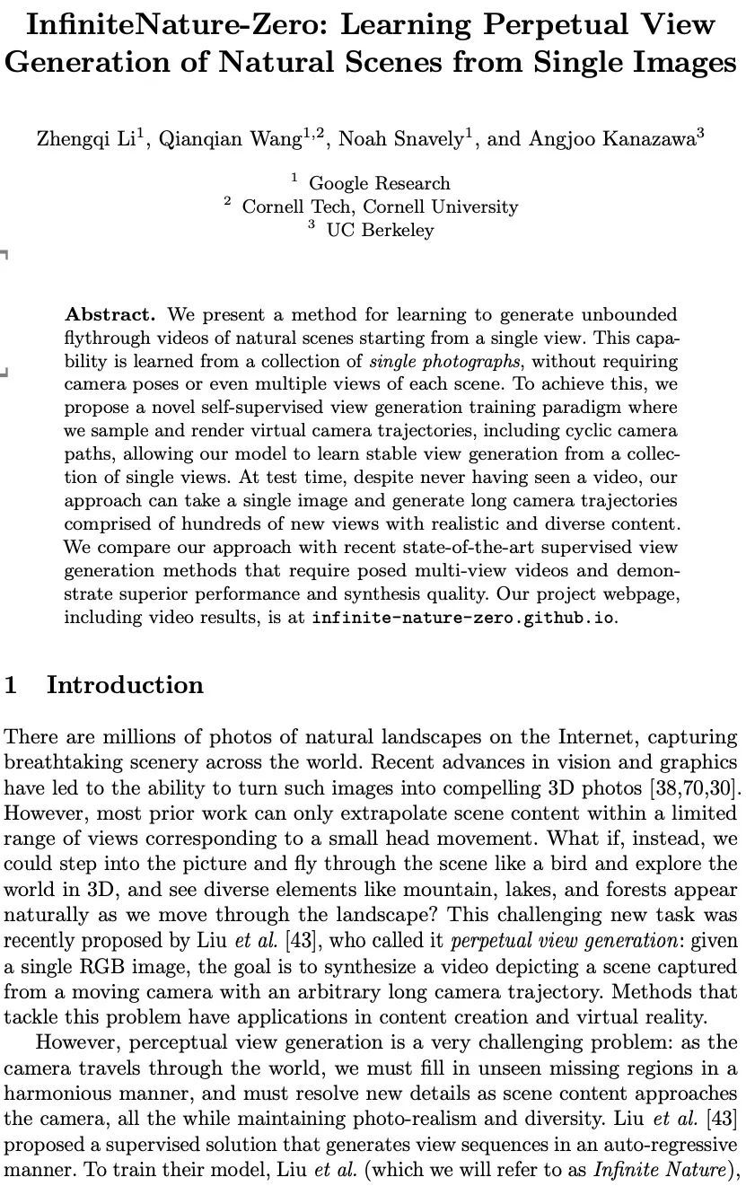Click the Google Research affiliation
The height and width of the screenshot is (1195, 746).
click(x=379, y=184)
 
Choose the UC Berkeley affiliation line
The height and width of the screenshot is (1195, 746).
click(x=380, y=231)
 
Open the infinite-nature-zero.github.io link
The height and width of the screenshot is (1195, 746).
click(x=464, y=619)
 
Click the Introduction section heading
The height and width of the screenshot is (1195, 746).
click(x=125, y=685)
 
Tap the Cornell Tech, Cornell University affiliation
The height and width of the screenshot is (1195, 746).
click(x=380, y=207)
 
